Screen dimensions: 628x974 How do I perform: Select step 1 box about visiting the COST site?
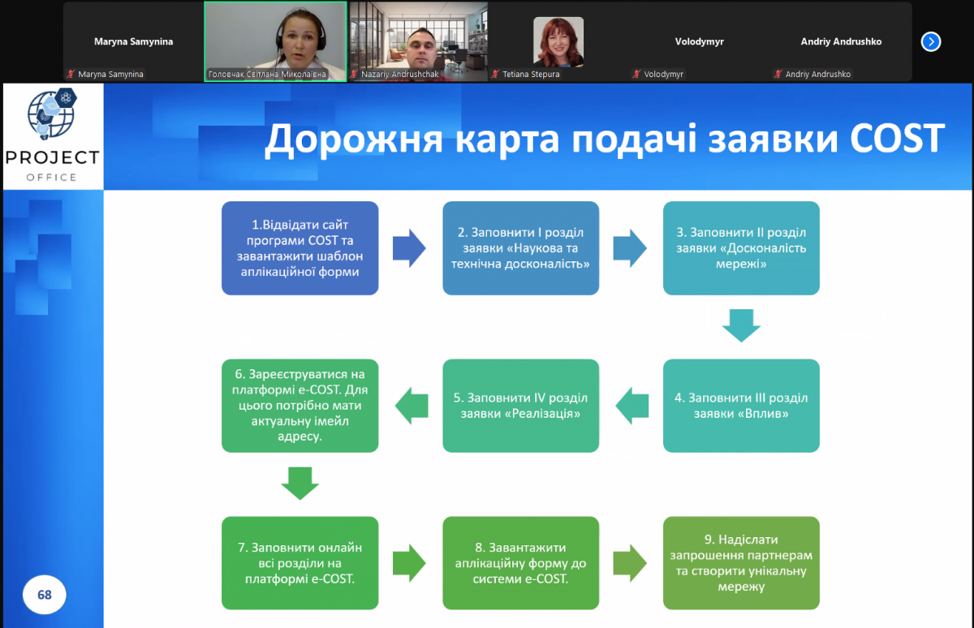tap(300, 248)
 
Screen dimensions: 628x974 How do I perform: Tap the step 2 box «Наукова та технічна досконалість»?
tap(521, 248)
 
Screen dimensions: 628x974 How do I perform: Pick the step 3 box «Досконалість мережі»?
tap(741, 248)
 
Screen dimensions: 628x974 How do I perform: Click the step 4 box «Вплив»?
tap(741, 406)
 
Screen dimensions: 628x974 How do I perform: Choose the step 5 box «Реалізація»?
tap(521, 406)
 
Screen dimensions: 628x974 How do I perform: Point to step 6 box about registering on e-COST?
tap(300, 406)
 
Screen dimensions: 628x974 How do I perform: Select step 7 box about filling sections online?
tap(300, 563)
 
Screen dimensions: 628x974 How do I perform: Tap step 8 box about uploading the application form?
tap(521, 563)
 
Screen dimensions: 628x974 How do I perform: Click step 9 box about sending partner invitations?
tap(741, 563)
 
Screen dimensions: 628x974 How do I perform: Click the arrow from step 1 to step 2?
tap(409, 248)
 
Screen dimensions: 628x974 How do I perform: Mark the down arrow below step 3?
tap(741, 325)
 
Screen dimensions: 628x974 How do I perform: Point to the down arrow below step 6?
tap(300, 483)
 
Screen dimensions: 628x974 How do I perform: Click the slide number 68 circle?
tap(45, 595)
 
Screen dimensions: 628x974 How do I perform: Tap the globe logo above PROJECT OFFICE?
tap(52, 116)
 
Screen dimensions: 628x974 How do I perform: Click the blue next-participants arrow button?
tap(931, 41)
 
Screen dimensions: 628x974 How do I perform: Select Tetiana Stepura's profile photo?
tap(558, 41)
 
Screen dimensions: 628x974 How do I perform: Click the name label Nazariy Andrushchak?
tap(394, 74)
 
